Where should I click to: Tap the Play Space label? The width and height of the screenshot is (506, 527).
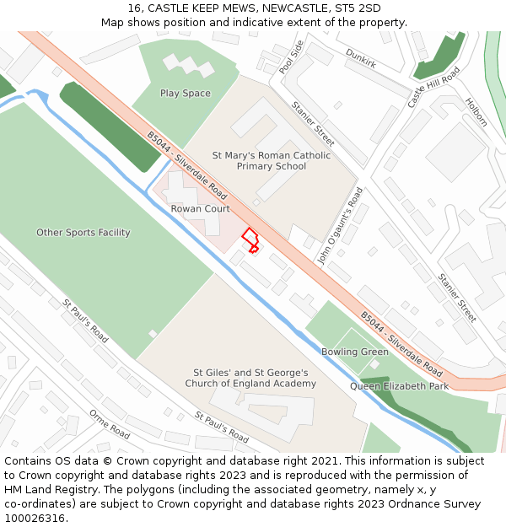click(x=186, y=94)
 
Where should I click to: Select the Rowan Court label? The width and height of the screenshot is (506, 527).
click(x=200, y=208)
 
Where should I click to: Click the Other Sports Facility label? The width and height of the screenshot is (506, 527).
click(x=83, y=232)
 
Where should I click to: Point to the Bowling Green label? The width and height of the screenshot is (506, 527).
click(x=355, y=352)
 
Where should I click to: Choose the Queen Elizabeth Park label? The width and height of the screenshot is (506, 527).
click(x=400, y=386)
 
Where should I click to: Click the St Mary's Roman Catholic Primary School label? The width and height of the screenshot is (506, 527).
click(x=272, y=161)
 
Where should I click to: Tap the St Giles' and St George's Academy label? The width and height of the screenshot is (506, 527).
click(x=251, y=378)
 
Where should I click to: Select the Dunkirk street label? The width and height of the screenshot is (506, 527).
click(x=362, y=58)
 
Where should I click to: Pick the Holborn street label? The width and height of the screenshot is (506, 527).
click(x=476, y=112)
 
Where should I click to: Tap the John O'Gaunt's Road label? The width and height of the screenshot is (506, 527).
click(x=340, y=226)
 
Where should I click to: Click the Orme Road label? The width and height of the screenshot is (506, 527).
click(x=110, y=425)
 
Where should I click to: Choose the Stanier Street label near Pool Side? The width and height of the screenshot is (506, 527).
click(x=313, y=123)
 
